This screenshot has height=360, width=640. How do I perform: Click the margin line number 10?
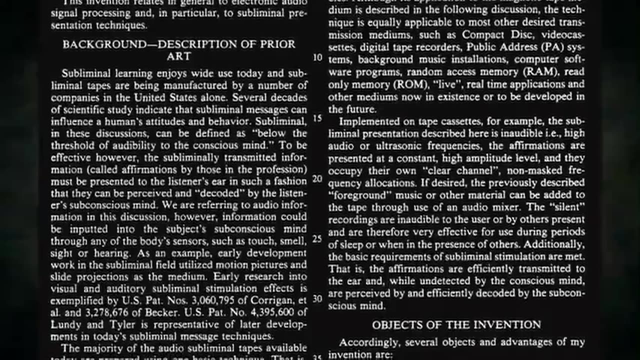(x=318, y=57)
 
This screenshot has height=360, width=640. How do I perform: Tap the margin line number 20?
(x=317, y=178)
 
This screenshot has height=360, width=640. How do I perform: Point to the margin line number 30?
(x=317, y=298)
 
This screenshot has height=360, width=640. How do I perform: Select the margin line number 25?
(x=317, y=239)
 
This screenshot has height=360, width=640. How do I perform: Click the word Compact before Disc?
(x=483, y=35)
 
